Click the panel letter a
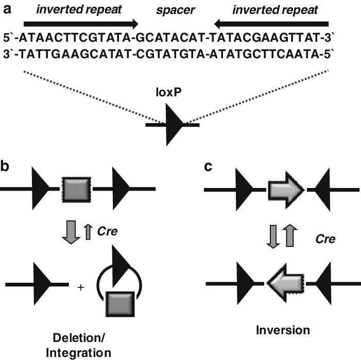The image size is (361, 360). [8, 8]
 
